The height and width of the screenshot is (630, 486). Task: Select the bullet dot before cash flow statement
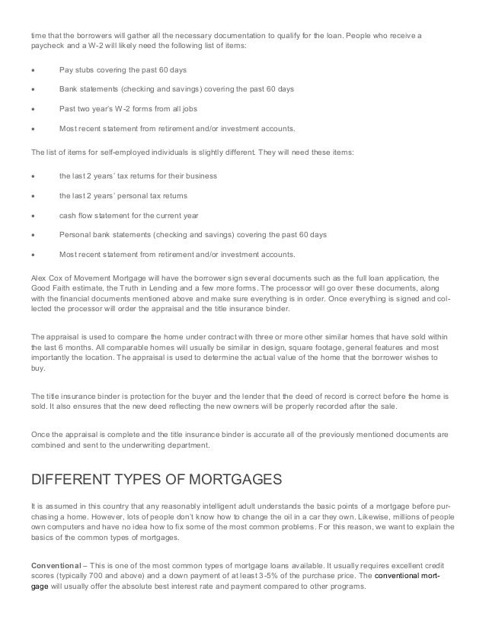33,216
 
